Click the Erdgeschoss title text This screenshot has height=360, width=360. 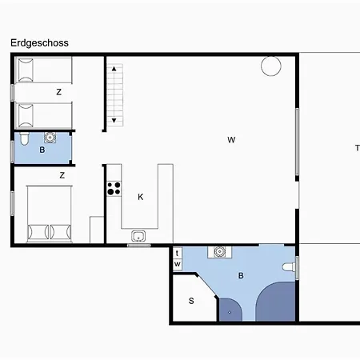(39, 43)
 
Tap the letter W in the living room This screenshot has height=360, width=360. (231, 140)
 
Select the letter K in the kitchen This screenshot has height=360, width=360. (141, 197)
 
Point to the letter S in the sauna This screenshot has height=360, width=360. (191, 301)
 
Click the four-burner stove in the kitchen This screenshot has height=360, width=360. (114, 188)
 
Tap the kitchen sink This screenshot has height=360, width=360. (138, 236)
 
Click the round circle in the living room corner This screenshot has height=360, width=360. (271, 66)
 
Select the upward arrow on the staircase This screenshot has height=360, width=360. (114, 69)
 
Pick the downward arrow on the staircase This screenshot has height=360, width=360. (114, 121)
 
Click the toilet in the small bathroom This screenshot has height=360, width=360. (24, 138)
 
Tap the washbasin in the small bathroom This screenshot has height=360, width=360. (50, 138)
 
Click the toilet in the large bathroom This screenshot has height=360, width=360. (289, 267)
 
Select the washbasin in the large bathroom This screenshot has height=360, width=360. (219, 252)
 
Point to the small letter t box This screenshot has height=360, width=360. (178, 253)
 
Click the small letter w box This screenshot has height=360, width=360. (178, 265)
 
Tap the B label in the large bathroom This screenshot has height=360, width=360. (241, 275)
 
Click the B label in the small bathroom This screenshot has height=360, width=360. (42, 150)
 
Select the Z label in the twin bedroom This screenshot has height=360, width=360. (59, 92)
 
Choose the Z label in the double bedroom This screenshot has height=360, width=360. (62, 175)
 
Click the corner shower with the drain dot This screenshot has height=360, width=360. (230, 310)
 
